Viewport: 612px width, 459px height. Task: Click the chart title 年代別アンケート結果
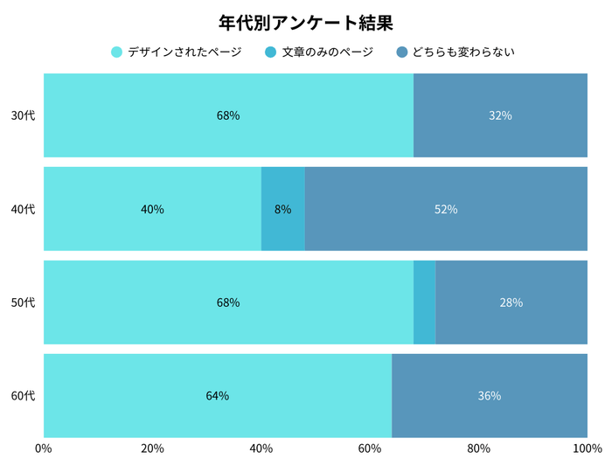(306, 22)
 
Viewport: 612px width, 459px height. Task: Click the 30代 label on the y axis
(23, 115)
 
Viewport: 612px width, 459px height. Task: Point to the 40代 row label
(23, 209)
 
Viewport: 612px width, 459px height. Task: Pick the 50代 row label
(23, 303)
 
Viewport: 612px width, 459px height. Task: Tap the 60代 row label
(23, 396)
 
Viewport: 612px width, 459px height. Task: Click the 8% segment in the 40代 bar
(283, 209)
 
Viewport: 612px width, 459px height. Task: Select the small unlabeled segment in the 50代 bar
(424, 303)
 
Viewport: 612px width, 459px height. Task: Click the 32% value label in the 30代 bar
(500, 115)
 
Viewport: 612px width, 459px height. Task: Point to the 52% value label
(446, 209)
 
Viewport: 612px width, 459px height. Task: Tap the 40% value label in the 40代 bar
(152, 209)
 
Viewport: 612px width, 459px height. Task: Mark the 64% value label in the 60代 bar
(218, 396)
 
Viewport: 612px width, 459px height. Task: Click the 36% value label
(490, 396)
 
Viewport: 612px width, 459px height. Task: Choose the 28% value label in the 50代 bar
(511, 303)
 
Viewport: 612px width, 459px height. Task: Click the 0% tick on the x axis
(44, 449)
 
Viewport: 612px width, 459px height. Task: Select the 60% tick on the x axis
(370, 449)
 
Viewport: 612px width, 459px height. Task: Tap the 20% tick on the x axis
(152, 449)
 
